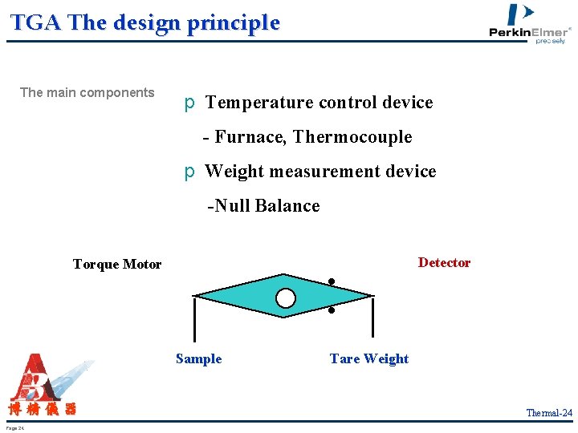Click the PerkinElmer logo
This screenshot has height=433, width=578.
(x=530, y=24)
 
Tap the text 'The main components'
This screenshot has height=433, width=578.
(x=87, y=92)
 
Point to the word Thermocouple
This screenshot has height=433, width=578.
(x=352, y=137)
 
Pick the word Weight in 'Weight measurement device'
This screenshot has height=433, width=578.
(x=234, y=172)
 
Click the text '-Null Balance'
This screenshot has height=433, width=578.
(x=263, y=206)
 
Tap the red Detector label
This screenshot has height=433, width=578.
(x=444, y=262)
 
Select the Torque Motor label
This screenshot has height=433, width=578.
(x=117, y=264)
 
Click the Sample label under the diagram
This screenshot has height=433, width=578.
(x=198, y=358)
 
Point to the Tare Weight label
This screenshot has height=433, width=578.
(x=369, y=358)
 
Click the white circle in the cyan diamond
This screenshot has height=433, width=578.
(x=286, y=298)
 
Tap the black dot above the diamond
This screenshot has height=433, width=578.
(x=330, y=281)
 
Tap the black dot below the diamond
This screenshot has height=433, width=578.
(x=331, y=310)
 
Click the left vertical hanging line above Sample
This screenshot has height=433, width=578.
(x=194, y=319)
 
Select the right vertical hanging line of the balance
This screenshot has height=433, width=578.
(x=372, y=318)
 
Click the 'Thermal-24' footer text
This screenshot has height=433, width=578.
(x=549, y=413)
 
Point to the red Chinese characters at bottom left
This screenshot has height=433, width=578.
(x=43, y=410)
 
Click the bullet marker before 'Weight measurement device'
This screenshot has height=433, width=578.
(x=189, y=172)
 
